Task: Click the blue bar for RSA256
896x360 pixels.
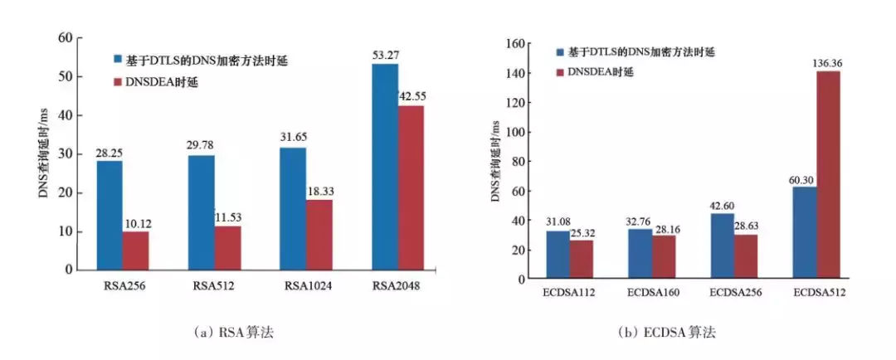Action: pos(110,215)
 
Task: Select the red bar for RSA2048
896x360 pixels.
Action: pos(411,187)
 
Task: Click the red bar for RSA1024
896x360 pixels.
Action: pos(319,234)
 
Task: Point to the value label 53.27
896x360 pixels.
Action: pos(385,54)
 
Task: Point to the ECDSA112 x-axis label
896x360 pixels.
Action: pos(568,294)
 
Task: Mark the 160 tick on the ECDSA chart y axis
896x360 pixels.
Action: pos(519,43)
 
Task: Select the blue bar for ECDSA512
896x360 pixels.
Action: pos(804,232)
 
